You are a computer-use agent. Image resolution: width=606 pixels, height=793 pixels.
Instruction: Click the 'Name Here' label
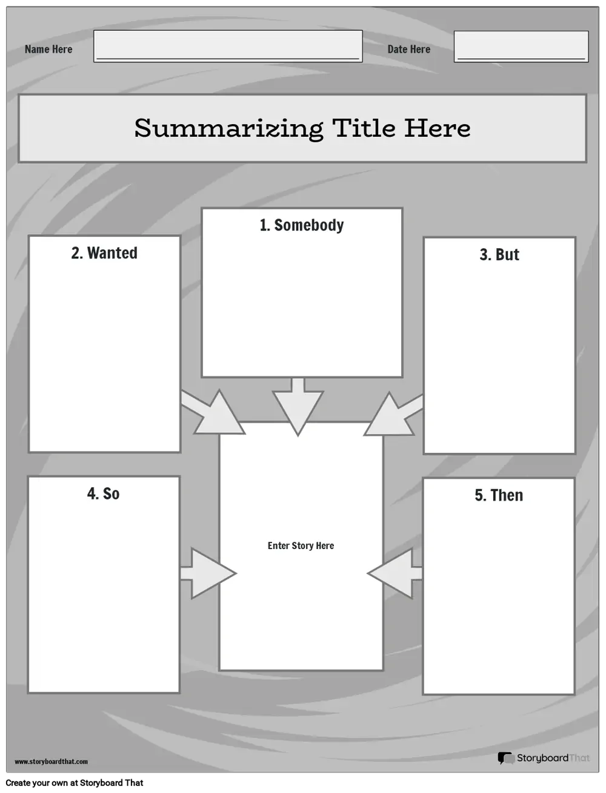coord(48,49)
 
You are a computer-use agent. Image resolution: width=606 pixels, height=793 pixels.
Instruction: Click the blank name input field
coord(228,46)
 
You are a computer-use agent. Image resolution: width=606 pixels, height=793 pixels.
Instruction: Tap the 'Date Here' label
coord(409,49)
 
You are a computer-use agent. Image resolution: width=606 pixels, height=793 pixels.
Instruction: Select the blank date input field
coord(521,46)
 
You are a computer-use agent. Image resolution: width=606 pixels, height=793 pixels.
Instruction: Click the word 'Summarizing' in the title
coord(228,128)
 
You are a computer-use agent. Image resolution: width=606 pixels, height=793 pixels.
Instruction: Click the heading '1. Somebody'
coord(302,225)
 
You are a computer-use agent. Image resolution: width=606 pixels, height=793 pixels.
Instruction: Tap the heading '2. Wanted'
coord(104,253)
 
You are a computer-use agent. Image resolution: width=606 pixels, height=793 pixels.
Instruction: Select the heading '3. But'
coord(499,254)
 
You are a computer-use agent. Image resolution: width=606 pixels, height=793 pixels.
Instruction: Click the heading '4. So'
coord(104,493)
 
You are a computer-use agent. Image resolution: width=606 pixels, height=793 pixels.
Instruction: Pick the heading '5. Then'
coord(499,495)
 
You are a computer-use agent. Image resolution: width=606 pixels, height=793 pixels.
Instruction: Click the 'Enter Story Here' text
coord(301,545)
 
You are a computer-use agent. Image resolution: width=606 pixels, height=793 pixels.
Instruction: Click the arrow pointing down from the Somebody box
coord(298,407)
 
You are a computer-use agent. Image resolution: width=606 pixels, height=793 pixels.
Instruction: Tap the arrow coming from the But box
coord(393,414)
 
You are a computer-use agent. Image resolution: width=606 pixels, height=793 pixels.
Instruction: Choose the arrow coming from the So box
coord(208,573)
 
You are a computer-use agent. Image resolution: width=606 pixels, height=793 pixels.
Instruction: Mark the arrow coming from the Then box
coord(395,573)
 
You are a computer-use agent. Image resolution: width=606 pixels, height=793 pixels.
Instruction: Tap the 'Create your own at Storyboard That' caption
coord(75,783)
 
